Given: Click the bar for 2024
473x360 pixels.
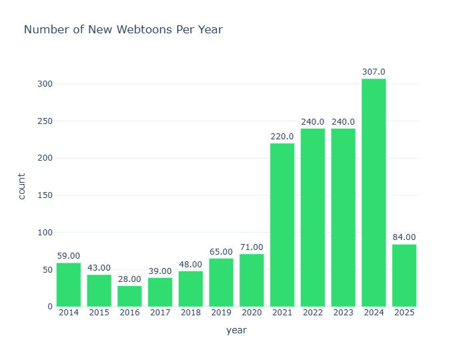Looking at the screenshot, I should [x=374, y=193].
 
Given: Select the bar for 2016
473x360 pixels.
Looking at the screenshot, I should [x=129, y=296].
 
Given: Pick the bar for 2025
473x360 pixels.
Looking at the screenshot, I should [x=404, y=275].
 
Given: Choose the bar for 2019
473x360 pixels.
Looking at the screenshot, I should [x=221, y=282].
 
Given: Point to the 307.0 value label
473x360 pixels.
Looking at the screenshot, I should [x=374, y=72].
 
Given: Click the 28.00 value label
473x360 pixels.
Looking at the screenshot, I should [x=129, y=279].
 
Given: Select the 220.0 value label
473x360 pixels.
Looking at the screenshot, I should [x=282, y=137].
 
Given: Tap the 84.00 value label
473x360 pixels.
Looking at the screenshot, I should [x=404, y=237].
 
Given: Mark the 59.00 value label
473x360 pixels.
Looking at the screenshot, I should [x=68, y=256].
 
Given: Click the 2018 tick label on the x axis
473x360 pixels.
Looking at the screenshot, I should [x=190, y=313].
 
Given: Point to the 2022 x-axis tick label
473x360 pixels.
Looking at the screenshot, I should [x=313, y=313].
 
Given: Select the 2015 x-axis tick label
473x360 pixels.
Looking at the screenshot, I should [x=99, y=313].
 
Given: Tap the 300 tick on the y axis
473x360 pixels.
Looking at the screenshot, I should [x=45, y=84].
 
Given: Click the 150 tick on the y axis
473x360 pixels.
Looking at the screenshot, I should [x=45, y=195].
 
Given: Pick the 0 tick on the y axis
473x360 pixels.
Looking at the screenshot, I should [x=49, y=307].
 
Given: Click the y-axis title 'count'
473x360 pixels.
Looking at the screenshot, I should [x=22, y=186].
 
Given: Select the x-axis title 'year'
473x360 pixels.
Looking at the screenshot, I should [x=236, y=331].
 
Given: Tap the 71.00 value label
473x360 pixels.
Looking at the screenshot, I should [x=252, y=247].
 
